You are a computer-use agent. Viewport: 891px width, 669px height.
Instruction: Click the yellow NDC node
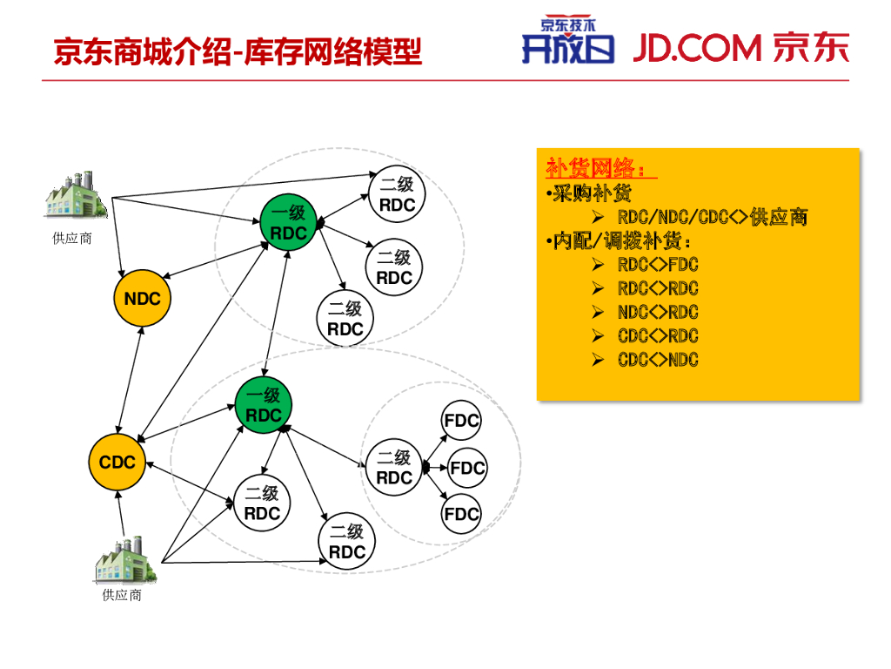point(142,298)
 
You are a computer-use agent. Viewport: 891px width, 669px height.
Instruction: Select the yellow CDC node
point(117,462)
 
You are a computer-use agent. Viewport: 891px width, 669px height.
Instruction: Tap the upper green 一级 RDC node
point(288,223)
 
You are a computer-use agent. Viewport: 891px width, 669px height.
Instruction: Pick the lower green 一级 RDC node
point(263,405)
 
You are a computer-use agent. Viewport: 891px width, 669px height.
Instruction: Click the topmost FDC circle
point(461,421)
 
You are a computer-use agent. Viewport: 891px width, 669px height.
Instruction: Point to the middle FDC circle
point(467,468)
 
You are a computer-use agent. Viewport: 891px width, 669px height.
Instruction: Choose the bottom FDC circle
point(461,514)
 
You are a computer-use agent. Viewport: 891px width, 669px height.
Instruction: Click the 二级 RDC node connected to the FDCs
point(394,468)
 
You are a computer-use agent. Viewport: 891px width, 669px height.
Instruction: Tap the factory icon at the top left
point(77,194)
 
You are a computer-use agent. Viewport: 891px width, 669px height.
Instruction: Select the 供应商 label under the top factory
point(72,239)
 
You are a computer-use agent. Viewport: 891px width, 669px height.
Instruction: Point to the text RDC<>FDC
point(658,265)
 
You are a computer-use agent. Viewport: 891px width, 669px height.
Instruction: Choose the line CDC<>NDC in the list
point(658,360)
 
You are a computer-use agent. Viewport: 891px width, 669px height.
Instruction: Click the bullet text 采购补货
point(592,193)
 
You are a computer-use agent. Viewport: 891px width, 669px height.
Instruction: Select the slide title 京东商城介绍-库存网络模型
point(238,51)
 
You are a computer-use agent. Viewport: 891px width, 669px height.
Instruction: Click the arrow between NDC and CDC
point(130,380)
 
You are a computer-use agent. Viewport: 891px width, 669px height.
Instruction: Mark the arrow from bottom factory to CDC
point(120,513)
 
